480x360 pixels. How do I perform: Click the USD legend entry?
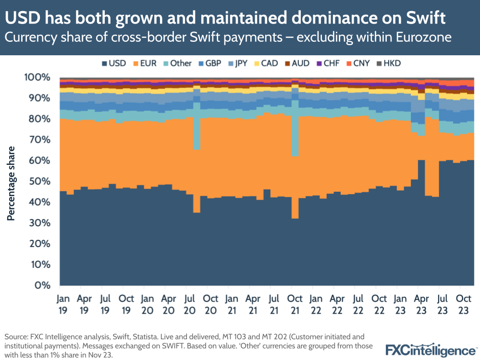[x=114, y=63]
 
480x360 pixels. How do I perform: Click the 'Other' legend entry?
[x=177, y=63]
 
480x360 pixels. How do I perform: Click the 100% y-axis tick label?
[x=37, y=77]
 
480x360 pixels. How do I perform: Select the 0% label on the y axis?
[x=42, y=285]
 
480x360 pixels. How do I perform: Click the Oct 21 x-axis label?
[x=295, y=304]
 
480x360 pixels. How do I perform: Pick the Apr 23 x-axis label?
[x=421, y=304]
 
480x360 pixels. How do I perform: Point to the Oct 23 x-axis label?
[x=463, y=304]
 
